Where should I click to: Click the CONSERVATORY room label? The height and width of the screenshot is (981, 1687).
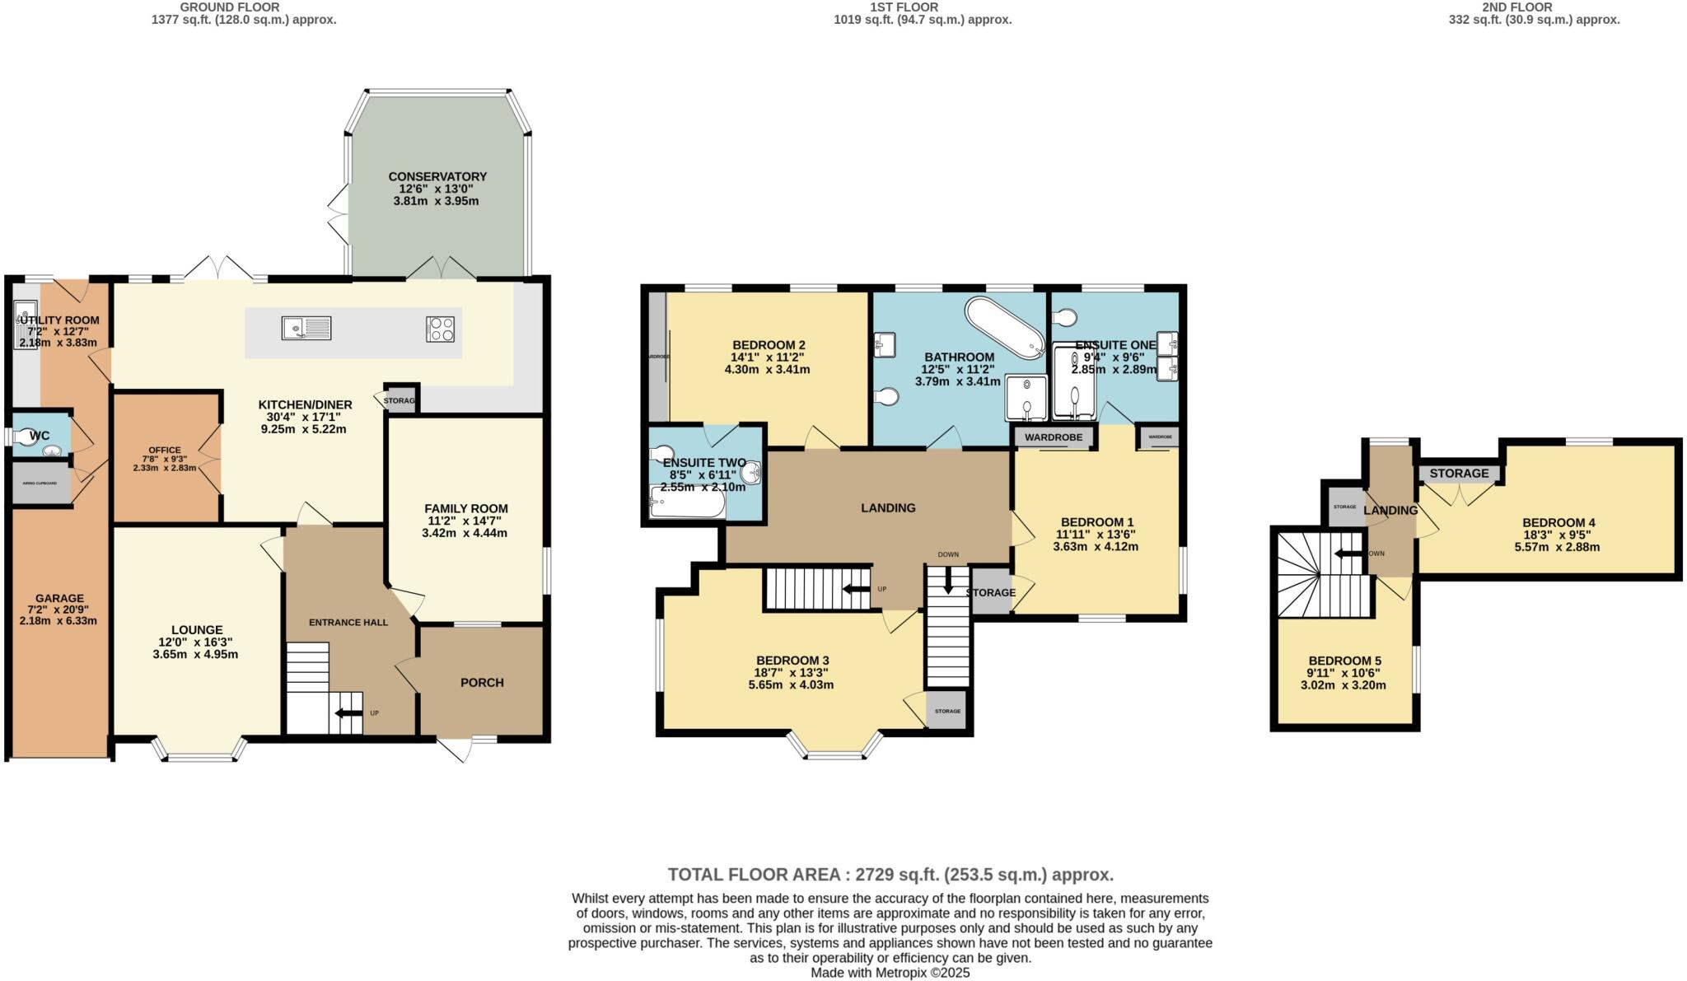(x=437, y=176)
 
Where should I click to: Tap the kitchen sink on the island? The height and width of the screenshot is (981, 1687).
(x=306, y=328)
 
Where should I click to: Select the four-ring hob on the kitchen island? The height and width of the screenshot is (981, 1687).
(x=440, y=329)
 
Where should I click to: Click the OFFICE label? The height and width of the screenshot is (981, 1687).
(x=165, y=450)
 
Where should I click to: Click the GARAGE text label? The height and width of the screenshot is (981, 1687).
(x=59, y=598)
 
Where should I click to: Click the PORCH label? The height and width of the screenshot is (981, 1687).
(x=482, y=682)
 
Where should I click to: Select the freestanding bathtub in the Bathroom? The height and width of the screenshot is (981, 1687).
(x=1004, y=327)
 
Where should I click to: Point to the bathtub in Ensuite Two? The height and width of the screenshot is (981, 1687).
(x=688, y=502)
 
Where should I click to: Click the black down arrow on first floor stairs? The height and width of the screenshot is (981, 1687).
(x=948, y=582)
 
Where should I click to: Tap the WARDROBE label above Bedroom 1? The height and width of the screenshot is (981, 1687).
(x=1054, y=437)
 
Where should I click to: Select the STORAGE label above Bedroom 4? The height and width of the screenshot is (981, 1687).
(x=1459, y=473)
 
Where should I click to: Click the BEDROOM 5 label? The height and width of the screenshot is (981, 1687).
(x=1344, y=661)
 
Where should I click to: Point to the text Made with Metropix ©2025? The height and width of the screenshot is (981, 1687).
(x=890, y=973)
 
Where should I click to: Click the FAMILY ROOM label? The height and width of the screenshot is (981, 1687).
(x=466, y=508)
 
